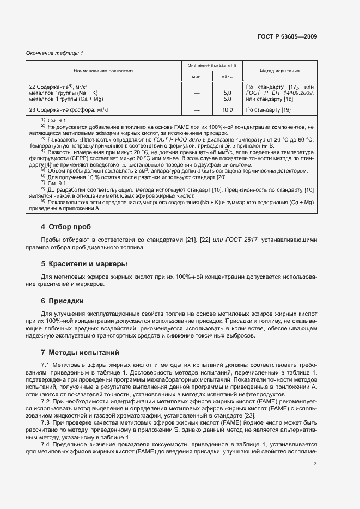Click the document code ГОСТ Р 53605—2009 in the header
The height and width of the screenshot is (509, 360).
click(287, 36)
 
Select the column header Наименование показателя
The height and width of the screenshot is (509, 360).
click(103, 71)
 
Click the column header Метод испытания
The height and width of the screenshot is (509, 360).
click(279, 71)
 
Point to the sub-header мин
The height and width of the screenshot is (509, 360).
click(197, 77)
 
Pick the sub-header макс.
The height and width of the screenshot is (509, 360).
click(227, 77)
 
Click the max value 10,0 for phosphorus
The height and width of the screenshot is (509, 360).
click(228, 110)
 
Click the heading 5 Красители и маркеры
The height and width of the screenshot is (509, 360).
click(84, 264)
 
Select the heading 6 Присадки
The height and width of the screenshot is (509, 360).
click(63, 301)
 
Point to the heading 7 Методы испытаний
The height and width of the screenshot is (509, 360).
click(80, 353)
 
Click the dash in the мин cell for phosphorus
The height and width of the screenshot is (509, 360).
click(197, 110)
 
